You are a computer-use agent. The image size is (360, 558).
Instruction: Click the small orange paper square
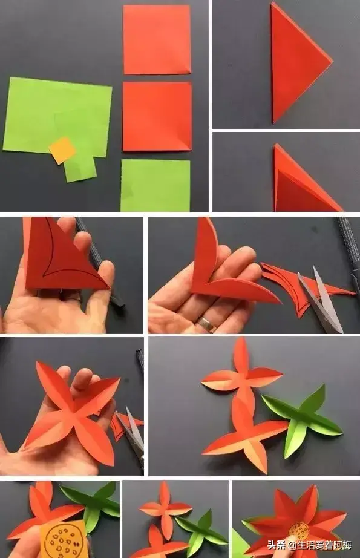(x=62, y=151)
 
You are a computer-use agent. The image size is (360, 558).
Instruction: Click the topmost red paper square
(x=157, y=39)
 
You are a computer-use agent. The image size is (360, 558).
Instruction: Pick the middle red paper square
(x=157, y=116)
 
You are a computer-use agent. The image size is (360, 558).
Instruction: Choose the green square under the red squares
(x=155, y=185)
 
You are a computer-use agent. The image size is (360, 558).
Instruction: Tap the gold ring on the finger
(x=205, y=324)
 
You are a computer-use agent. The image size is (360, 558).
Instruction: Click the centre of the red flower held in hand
(x=74, y=413)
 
